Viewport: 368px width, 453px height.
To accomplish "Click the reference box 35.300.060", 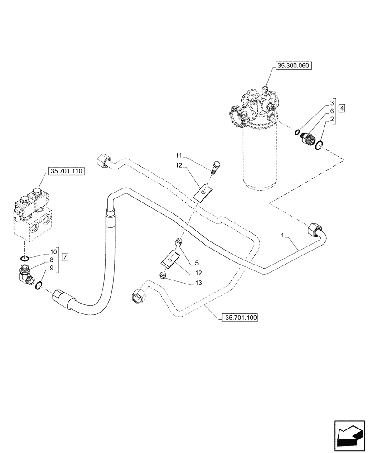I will [292, 66].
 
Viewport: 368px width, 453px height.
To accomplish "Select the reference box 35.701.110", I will [66, 172].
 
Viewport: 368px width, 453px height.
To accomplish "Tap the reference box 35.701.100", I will [239, 318].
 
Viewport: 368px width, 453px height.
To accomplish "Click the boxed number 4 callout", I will [341, 108].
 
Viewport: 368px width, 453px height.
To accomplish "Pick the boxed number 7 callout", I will [65, 257].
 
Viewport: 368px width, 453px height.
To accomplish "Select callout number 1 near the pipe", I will [282, 236].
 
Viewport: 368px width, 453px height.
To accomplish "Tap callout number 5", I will [197, 263].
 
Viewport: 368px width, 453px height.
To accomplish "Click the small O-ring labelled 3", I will [296, 132].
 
